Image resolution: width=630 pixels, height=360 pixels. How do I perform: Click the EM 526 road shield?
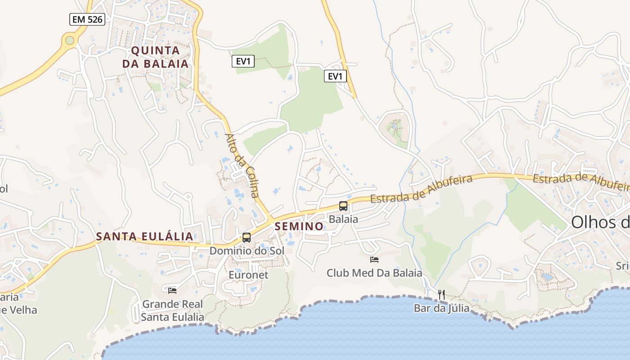(x=87, y=19)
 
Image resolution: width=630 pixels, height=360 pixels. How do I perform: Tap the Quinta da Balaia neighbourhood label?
(x=155, y=57)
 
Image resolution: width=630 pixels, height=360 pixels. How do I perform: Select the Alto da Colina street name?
(x=242, y=166)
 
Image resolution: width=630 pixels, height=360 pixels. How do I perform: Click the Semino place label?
(x=299, y=226)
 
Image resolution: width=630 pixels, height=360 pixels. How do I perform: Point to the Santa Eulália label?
(x=144, y=236)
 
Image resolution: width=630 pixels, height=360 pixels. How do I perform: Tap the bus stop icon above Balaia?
(x=343, y=206)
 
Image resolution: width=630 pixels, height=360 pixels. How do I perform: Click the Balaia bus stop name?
(x=343, y=219)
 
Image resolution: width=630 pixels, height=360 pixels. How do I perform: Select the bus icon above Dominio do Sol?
(x=246, y=237)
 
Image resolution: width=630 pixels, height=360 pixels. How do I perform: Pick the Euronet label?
(x=248, y=274)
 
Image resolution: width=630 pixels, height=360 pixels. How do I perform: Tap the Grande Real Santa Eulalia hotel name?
(x=172, y=310)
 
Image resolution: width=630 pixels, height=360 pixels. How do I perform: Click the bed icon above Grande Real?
(x=172, y=291)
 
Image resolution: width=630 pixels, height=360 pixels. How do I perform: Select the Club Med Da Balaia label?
(x=374, y=273)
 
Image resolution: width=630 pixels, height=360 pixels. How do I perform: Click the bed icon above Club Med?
(x=374, y=259)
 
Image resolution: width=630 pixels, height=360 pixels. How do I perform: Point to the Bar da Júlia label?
(x=441, y=308)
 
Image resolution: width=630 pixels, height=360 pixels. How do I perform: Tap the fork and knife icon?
(x=441, y=295)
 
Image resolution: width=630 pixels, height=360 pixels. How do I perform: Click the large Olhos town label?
(x=600, y=222)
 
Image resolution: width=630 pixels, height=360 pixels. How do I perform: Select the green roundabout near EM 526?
(x=69, y=40)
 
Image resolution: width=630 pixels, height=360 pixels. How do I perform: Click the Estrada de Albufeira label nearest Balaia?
(x=421, y=189)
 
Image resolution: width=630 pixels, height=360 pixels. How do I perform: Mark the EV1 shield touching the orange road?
(x=335, y=76)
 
